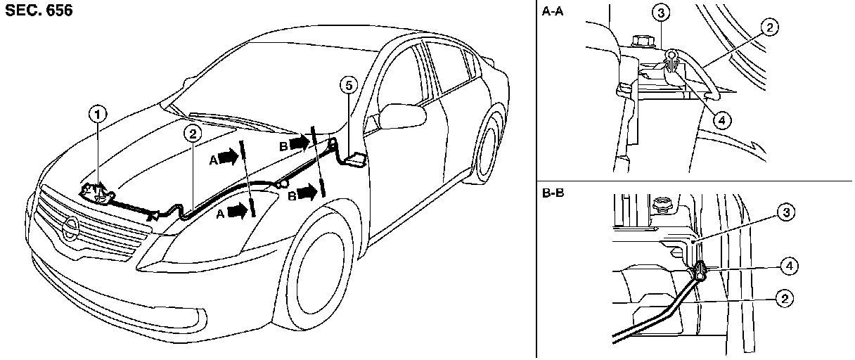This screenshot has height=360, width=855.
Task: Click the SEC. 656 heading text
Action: pyautogui.click(x=38, y=12)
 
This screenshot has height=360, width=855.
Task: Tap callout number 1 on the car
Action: pyautogui.click(x=99, y=112)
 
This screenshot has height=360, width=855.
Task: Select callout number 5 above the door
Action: pyautogui.click(x=347, y=84)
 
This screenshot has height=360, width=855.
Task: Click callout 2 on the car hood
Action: pyautogui.click(x=192, y=130)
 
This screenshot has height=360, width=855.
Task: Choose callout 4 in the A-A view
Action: pyautogui.click(x=719, y=120)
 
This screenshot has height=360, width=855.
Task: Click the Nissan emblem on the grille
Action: pyautogui.click(x=71, y=227)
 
